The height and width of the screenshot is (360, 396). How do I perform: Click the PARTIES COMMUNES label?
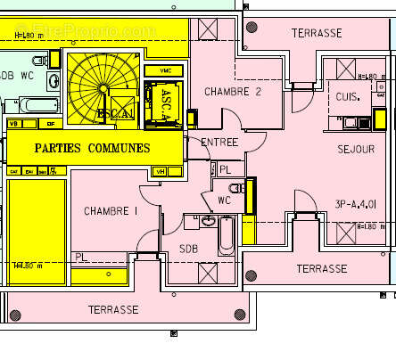[92, 147]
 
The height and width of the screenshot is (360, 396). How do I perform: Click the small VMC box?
[165, 70]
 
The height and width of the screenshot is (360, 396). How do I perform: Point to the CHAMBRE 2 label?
[232, 92]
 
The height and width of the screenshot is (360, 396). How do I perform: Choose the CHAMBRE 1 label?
[111, 211]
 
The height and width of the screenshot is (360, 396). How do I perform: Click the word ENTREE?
[219, 143]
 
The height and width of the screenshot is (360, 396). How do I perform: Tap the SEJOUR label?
[356, 149]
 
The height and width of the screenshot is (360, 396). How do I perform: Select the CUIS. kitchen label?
[347, 97]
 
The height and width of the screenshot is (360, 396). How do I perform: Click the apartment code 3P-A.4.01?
[358, 203]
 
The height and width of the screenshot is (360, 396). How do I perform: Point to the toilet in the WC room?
[236, 188]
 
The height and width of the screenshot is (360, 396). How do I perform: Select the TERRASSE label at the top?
[317, 33]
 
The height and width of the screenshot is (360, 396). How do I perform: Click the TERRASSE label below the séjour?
[321, 268]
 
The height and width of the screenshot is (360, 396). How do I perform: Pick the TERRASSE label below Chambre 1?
[113, 309]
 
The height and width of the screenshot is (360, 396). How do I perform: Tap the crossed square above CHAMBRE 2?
[207, 29]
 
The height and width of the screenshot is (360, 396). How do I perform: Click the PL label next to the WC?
[225, 168]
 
